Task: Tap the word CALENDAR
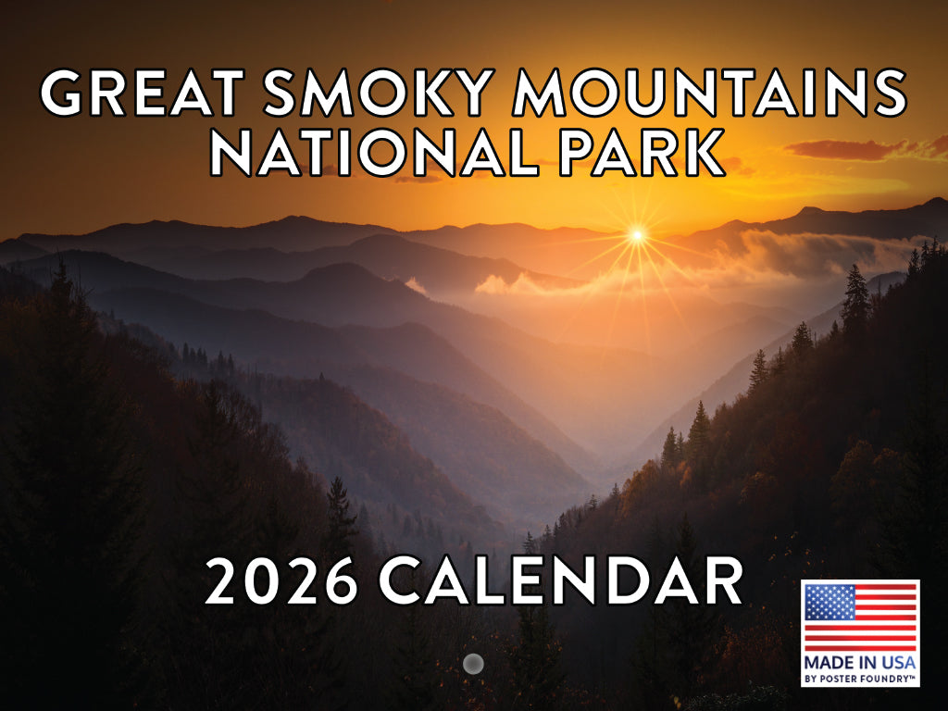tap(561, 581)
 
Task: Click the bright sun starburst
tap(637, 235)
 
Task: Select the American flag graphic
tap(860, 618)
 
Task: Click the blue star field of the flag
tap(824, 602)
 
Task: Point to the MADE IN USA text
tap(860, 663)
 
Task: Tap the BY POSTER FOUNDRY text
tap(860, 679)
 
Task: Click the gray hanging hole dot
tap(473, 663)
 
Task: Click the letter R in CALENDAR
tap(722, 581)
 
